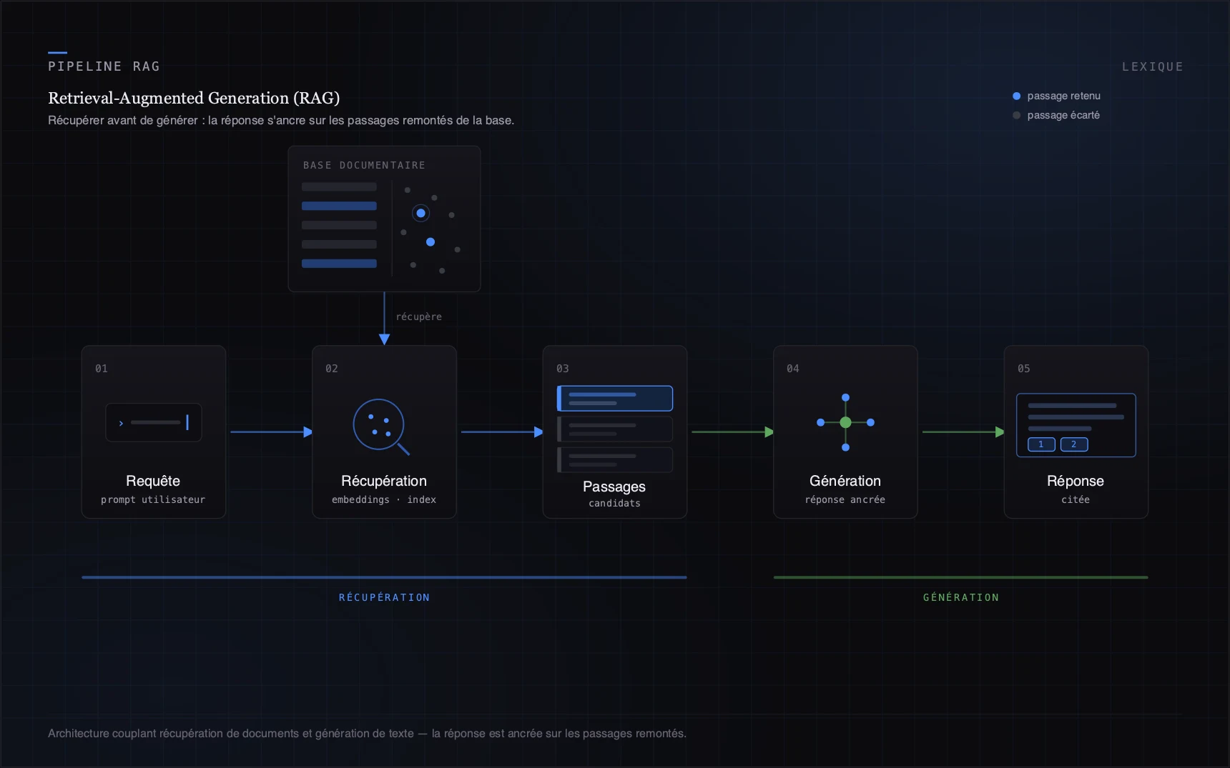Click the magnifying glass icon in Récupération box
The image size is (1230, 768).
pos(379,424)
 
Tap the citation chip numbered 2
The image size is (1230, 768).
pos(1074,444)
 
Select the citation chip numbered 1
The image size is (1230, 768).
pos(1041,444)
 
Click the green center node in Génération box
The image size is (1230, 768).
pos(845,422)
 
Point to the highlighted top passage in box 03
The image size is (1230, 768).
pos(615,398)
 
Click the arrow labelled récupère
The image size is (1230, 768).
pos(384,319)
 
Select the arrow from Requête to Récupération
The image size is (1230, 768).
pos(272,432)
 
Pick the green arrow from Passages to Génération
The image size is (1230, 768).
pos(733,432)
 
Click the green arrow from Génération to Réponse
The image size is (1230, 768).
pos(964,432)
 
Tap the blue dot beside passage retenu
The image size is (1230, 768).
pos(1016,96)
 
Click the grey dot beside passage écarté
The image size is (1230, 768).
pos(1016,115)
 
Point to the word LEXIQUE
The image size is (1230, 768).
pos(1152,66)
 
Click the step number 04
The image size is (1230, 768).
pos(793,369)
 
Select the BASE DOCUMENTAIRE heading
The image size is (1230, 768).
pos(364,165)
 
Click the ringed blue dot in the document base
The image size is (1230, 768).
pos(420,213)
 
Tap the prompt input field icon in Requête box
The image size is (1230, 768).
pos(154,422)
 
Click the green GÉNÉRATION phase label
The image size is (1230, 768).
pos(961,597)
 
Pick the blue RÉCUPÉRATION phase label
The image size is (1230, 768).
pos(384,597)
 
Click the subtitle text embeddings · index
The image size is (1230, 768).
pos(384,499)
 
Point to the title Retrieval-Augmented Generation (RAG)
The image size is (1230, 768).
pos(194,98)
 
